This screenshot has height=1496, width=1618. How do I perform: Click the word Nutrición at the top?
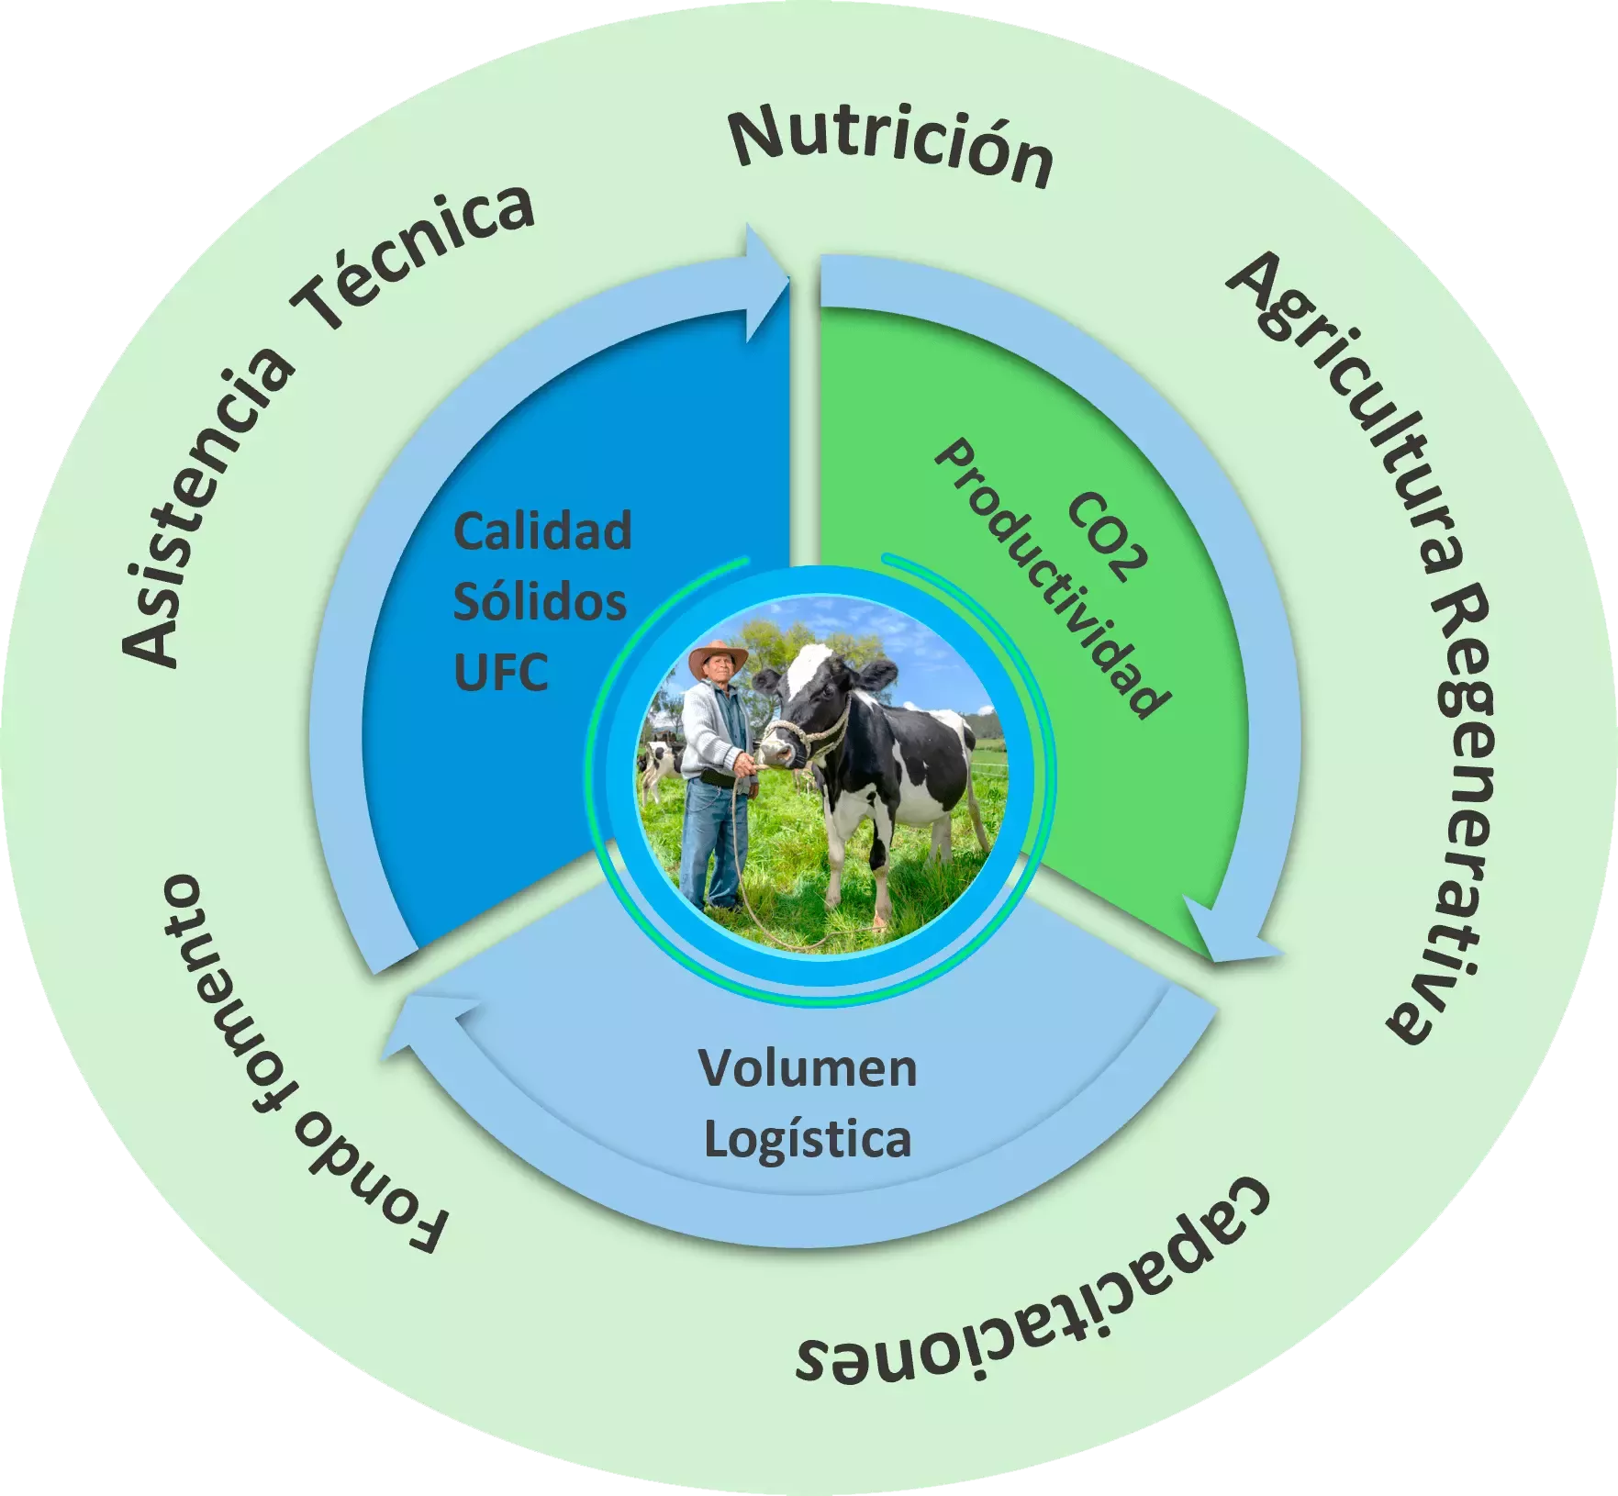(x=890, y=147)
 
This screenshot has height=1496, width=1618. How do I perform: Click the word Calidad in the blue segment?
(x=542, y=531)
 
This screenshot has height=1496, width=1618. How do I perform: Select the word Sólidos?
(x=540, y=602)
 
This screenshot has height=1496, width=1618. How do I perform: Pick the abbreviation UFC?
(x=501, y=673)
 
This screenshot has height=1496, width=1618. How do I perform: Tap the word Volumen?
(x=808, y=1068)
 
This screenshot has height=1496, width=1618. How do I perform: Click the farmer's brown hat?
(x=718, y=657)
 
